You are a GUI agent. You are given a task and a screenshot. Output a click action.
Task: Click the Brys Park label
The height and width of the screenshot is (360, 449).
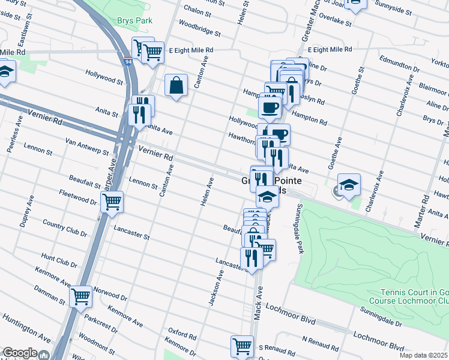click(135, 20)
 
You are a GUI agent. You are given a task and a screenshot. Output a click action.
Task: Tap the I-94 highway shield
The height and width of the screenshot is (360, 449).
click(128, 61)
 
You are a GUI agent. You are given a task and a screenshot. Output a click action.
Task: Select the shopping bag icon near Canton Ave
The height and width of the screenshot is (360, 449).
click(178, 86)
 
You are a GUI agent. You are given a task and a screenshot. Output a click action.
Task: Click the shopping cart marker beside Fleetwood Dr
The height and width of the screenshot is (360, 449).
click(112, 203)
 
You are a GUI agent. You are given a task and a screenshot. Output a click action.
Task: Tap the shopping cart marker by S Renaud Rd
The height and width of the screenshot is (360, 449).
click(242, 346)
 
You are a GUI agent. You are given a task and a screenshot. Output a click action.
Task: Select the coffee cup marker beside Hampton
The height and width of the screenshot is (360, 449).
click(270, 107)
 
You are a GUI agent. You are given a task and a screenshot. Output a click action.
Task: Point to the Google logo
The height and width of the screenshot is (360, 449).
click(19, 353)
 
